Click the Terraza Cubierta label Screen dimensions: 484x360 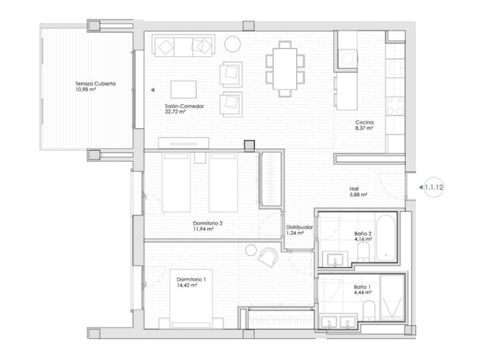point(95,84)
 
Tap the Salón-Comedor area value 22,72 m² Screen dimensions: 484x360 point(175,112)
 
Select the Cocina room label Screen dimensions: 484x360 point(364,123)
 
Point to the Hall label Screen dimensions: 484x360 point(354,189)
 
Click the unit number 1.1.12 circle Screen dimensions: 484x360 point(434,187)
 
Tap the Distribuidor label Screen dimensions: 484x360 point(299,227)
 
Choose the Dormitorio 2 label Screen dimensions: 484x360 point(208,223)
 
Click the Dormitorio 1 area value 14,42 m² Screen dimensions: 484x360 point(187,286)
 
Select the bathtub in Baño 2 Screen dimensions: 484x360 point(386,238)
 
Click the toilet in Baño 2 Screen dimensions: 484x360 point(363,251)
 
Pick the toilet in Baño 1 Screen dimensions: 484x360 point(369,311)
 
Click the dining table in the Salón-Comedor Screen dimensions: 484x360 point(285,69)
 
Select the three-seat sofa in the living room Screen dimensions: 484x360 point(184,46)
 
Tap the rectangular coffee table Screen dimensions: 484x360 point(184,89)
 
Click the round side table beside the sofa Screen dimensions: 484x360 point(232,44)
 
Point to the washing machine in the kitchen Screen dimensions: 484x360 point(347,58)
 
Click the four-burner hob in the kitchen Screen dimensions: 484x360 point(395,106)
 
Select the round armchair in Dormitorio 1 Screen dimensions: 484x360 point(268,257)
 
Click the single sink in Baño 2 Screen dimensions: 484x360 point(335,260)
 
